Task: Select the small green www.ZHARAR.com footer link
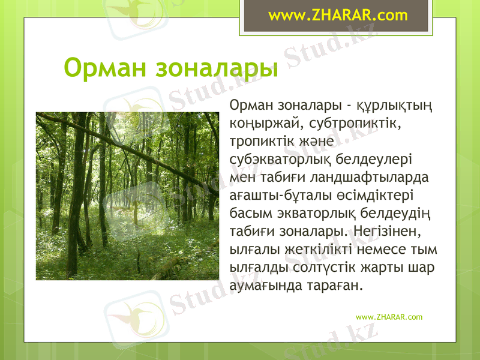389,317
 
